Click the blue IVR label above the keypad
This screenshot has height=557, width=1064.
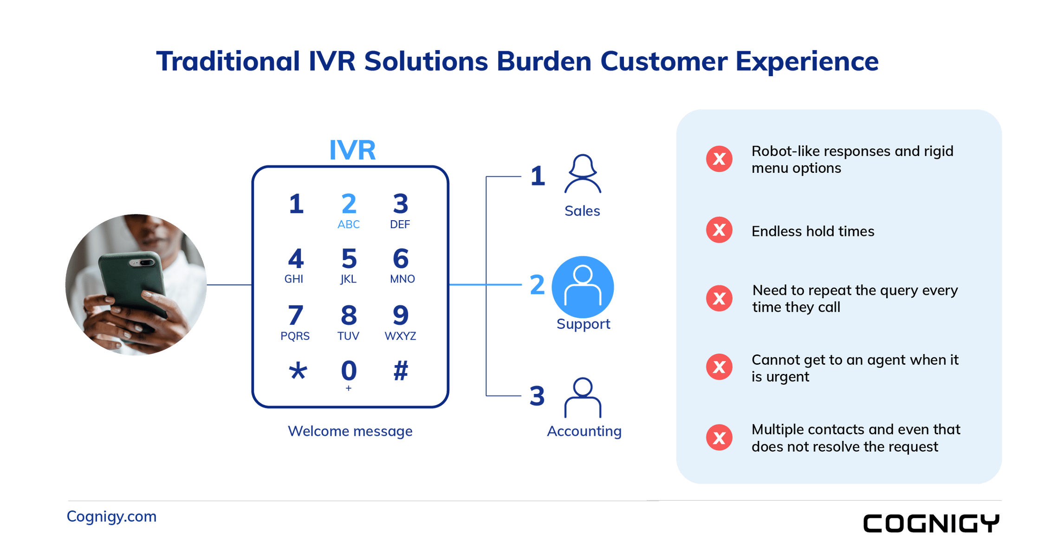[352, 150]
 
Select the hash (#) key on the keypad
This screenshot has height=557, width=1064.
[401, 371]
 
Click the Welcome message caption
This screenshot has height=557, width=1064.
[350, 431]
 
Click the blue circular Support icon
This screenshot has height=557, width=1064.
[583, 287]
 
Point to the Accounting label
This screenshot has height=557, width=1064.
[584, 431]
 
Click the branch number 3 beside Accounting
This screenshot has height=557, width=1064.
[537, 396]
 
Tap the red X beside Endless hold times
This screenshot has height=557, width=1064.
[719, 230]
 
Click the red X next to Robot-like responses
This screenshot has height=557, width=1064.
[719, 159]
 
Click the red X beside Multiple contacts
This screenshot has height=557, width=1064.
[719, 437]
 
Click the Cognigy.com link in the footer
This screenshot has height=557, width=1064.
[112, 517]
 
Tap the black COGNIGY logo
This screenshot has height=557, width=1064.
[931, 524]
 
